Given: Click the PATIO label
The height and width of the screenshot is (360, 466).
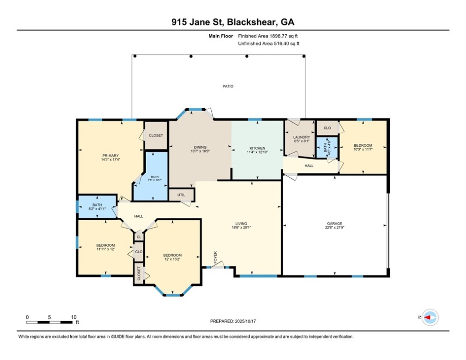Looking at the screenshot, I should click(228, 86).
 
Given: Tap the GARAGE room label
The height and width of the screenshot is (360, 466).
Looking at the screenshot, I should click(334, 224).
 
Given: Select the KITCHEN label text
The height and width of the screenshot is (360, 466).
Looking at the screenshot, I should click(257, 148).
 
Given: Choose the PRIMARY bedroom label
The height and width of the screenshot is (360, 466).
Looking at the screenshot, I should click(111, 156).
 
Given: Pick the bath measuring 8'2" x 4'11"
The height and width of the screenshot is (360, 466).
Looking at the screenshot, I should click(97, 207).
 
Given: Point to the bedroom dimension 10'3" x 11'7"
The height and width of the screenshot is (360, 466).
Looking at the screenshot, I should click(362, 149).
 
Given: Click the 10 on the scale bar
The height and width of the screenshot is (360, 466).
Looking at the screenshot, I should click(74, 317).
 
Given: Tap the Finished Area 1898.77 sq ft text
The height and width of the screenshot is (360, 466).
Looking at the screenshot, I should click(268, 36).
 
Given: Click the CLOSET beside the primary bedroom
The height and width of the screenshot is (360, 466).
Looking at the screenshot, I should click(156, 135).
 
